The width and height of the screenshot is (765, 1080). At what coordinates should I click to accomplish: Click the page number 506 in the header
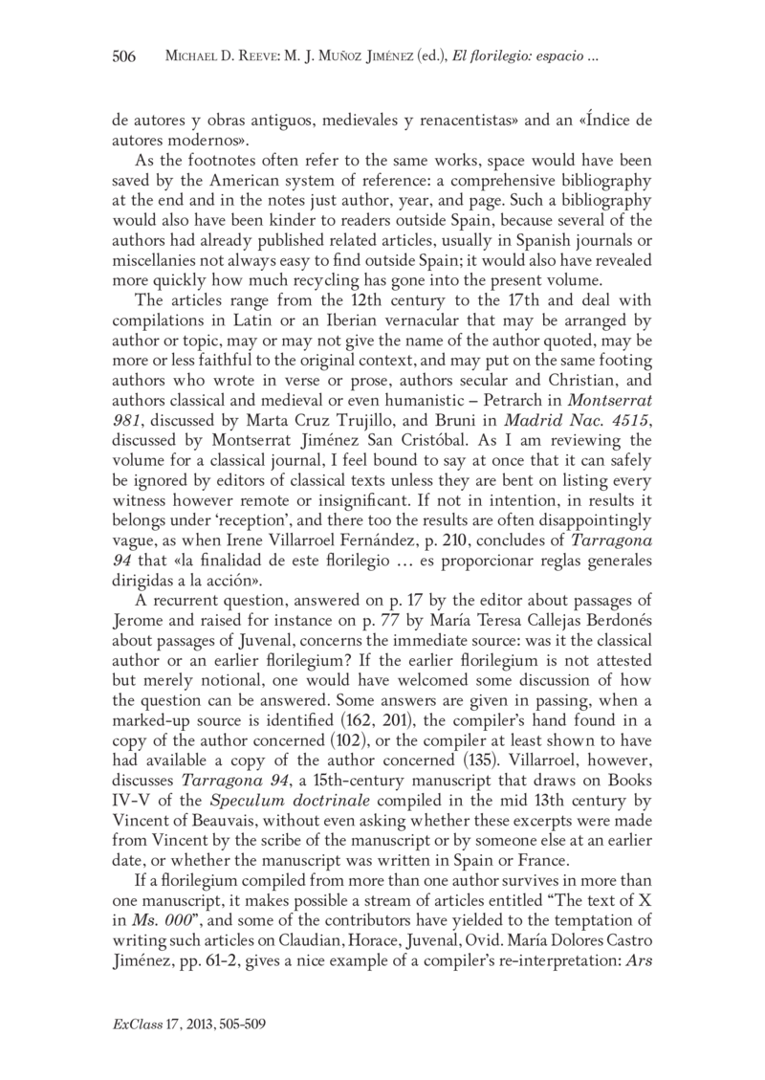click(x=124, y=57)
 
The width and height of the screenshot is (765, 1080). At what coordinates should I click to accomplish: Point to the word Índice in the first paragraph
click(x=598, y=121)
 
